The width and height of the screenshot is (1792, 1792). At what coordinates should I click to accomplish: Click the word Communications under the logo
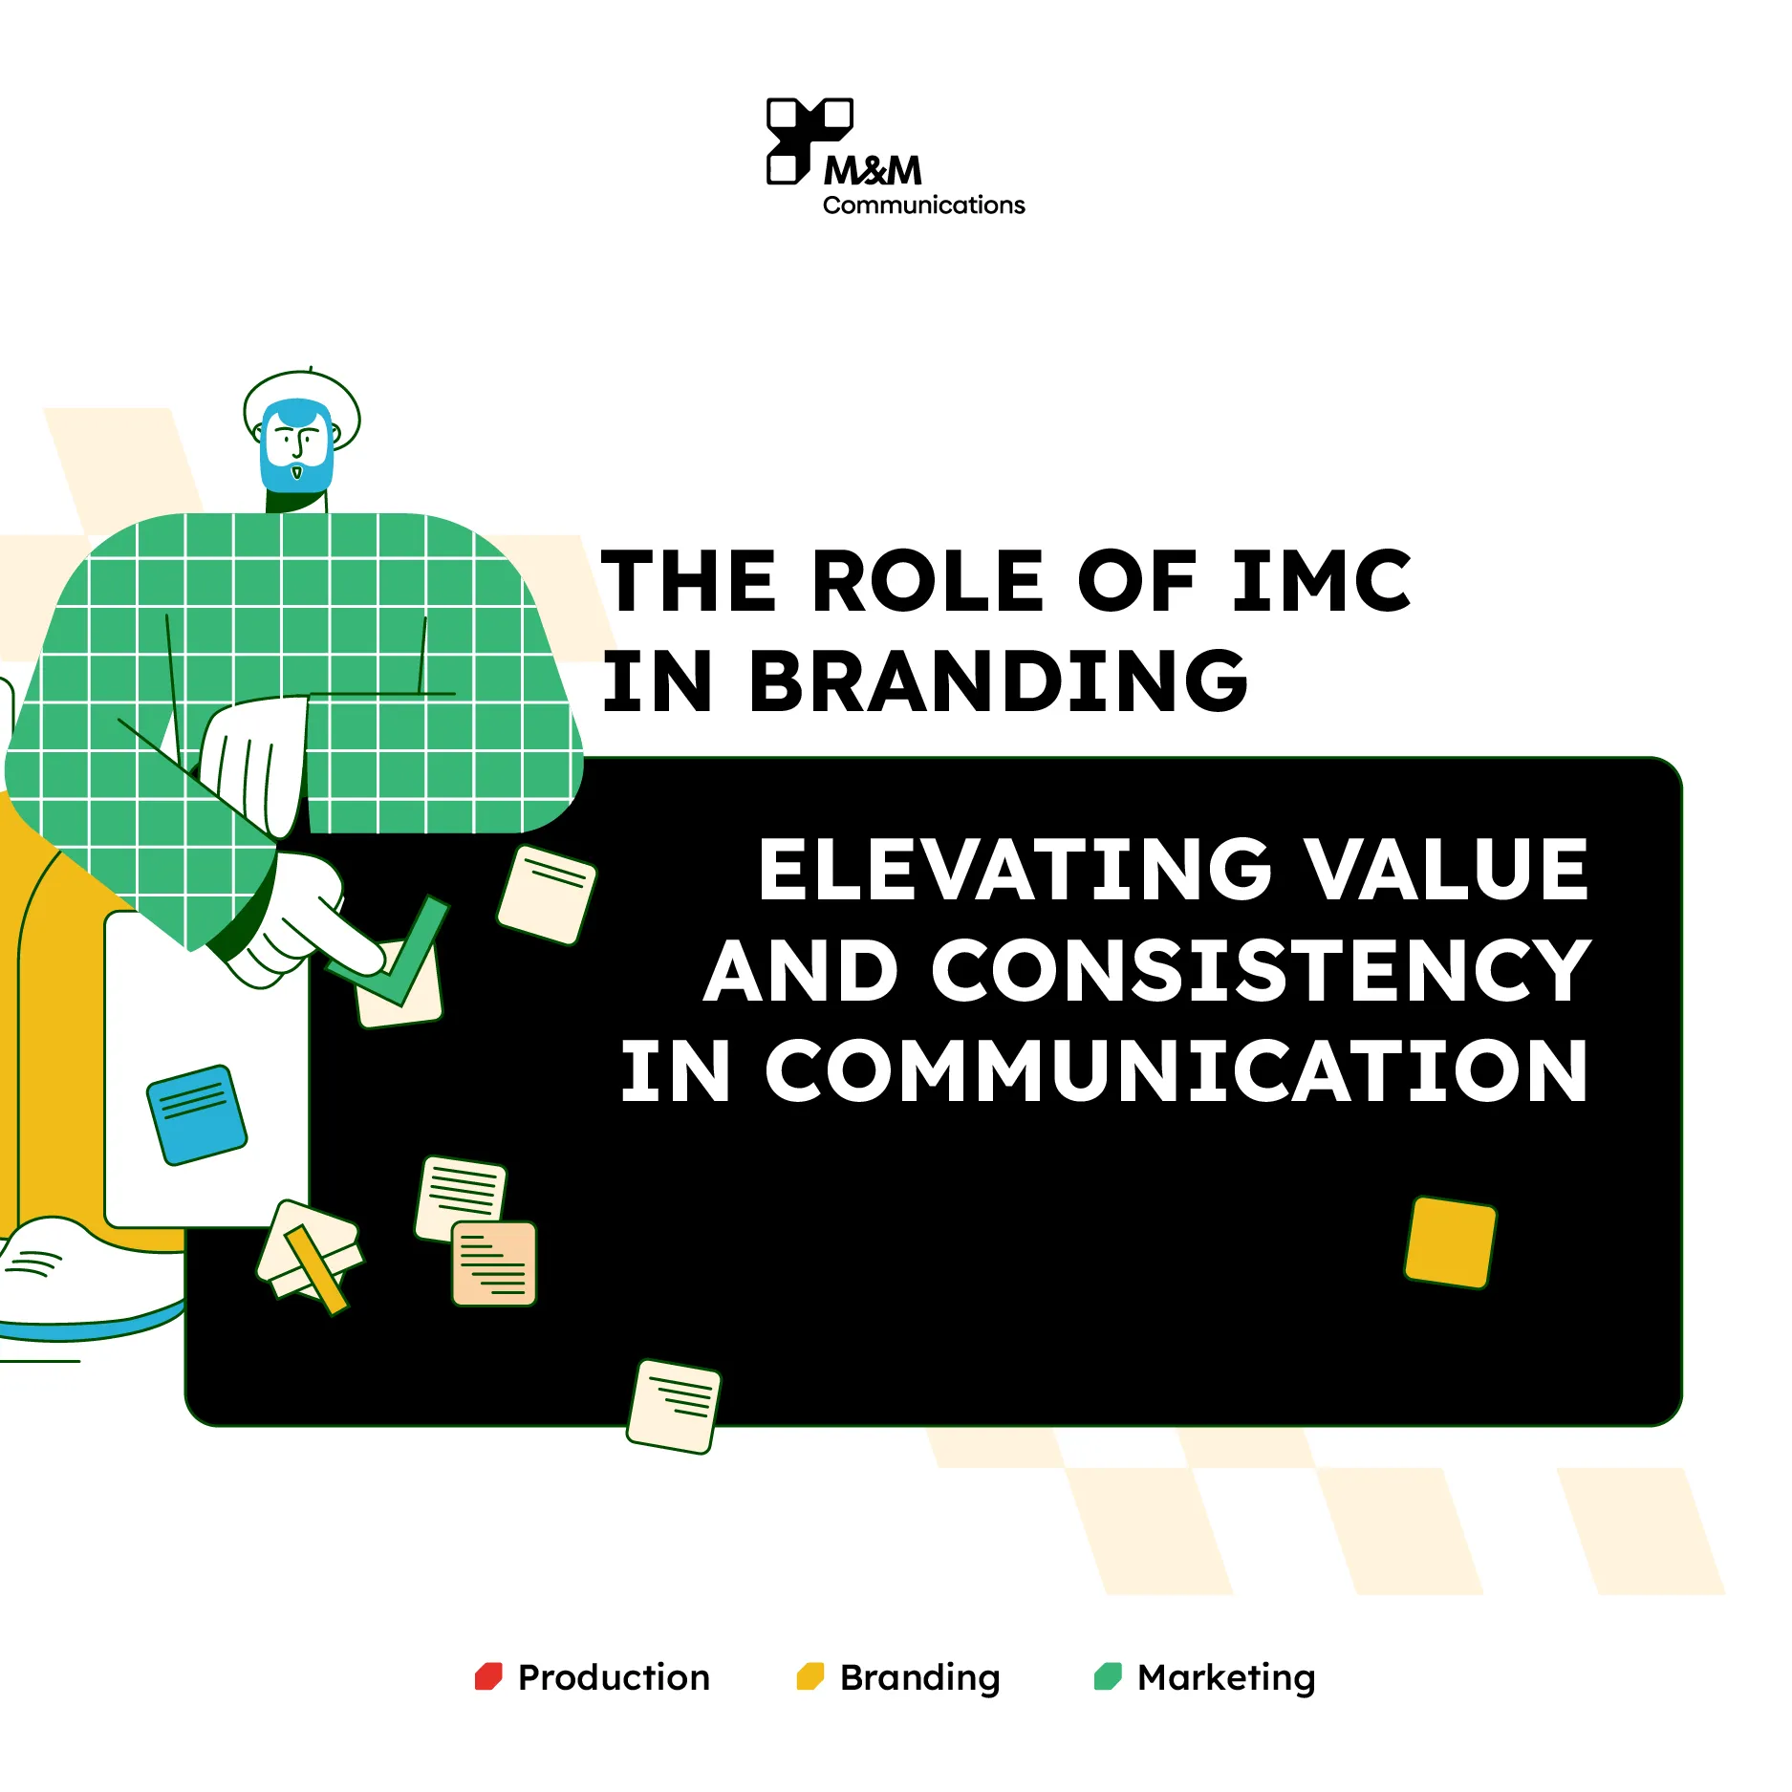click(x=923, y=205)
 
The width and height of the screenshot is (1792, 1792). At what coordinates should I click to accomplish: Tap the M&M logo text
click(x=873, y=171)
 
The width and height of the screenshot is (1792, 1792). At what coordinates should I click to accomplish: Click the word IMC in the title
click(x=1321, y=581)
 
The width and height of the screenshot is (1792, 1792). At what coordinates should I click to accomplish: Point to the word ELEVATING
click(x=1015, y=869)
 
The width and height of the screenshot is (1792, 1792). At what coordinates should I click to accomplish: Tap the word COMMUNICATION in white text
click(x=1176, y=1071)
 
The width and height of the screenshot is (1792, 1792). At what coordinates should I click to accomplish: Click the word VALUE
click(x=1447, y=869)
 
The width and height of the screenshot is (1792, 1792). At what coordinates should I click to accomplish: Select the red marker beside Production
click(x=488, y=1676)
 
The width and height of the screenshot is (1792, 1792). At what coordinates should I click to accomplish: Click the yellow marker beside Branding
click(x=810, y=1676)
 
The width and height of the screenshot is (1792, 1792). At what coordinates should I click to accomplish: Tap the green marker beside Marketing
click(x=1108, y=1676)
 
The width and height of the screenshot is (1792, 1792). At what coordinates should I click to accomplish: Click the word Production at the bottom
click(x=614, y=1677)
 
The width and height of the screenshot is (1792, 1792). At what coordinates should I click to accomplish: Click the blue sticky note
click(x=197, y=1114)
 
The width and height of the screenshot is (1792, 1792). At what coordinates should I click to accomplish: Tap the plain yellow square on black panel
click(x=1450, y=1241)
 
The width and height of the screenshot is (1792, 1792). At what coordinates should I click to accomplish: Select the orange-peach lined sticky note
click(x=494, y=1263)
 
